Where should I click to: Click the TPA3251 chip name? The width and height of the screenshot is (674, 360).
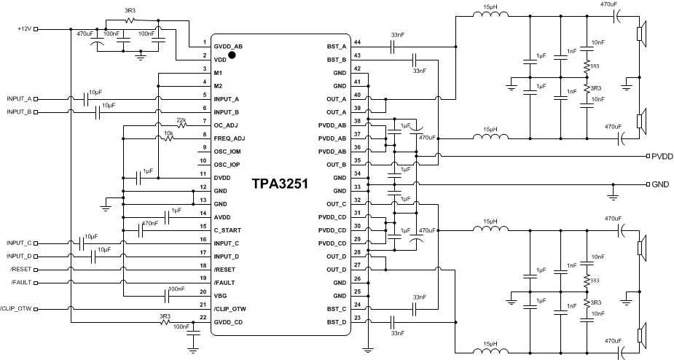point(281,184)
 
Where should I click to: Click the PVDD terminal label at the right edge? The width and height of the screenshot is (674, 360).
point(662,157)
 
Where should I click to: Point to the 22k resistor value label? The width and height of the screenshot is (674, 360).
point(181,120)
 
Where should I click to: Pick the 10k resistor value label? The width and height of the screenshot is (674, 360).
point(168,133)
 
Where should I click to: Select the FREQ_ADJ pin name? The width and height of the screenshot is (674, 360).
point(230,138)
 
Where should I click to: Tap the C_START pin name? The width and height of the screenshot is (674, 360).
point(227,230)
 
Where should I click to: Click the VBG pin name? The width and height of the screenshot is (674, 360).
point(221,295)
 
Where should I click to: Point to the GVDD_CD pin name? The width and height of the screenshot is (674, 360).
point(229,321)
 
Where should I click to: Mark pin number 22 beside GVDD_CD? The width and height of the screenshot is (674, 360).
point(203,318)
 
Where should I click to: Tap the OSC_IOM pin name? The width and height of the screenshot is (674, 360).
point(228,151)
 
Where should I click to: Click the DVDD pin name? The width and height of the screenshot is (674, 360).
point(223,177)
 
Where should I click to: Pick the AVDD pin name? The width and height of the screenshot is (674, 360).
point(223,216)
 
